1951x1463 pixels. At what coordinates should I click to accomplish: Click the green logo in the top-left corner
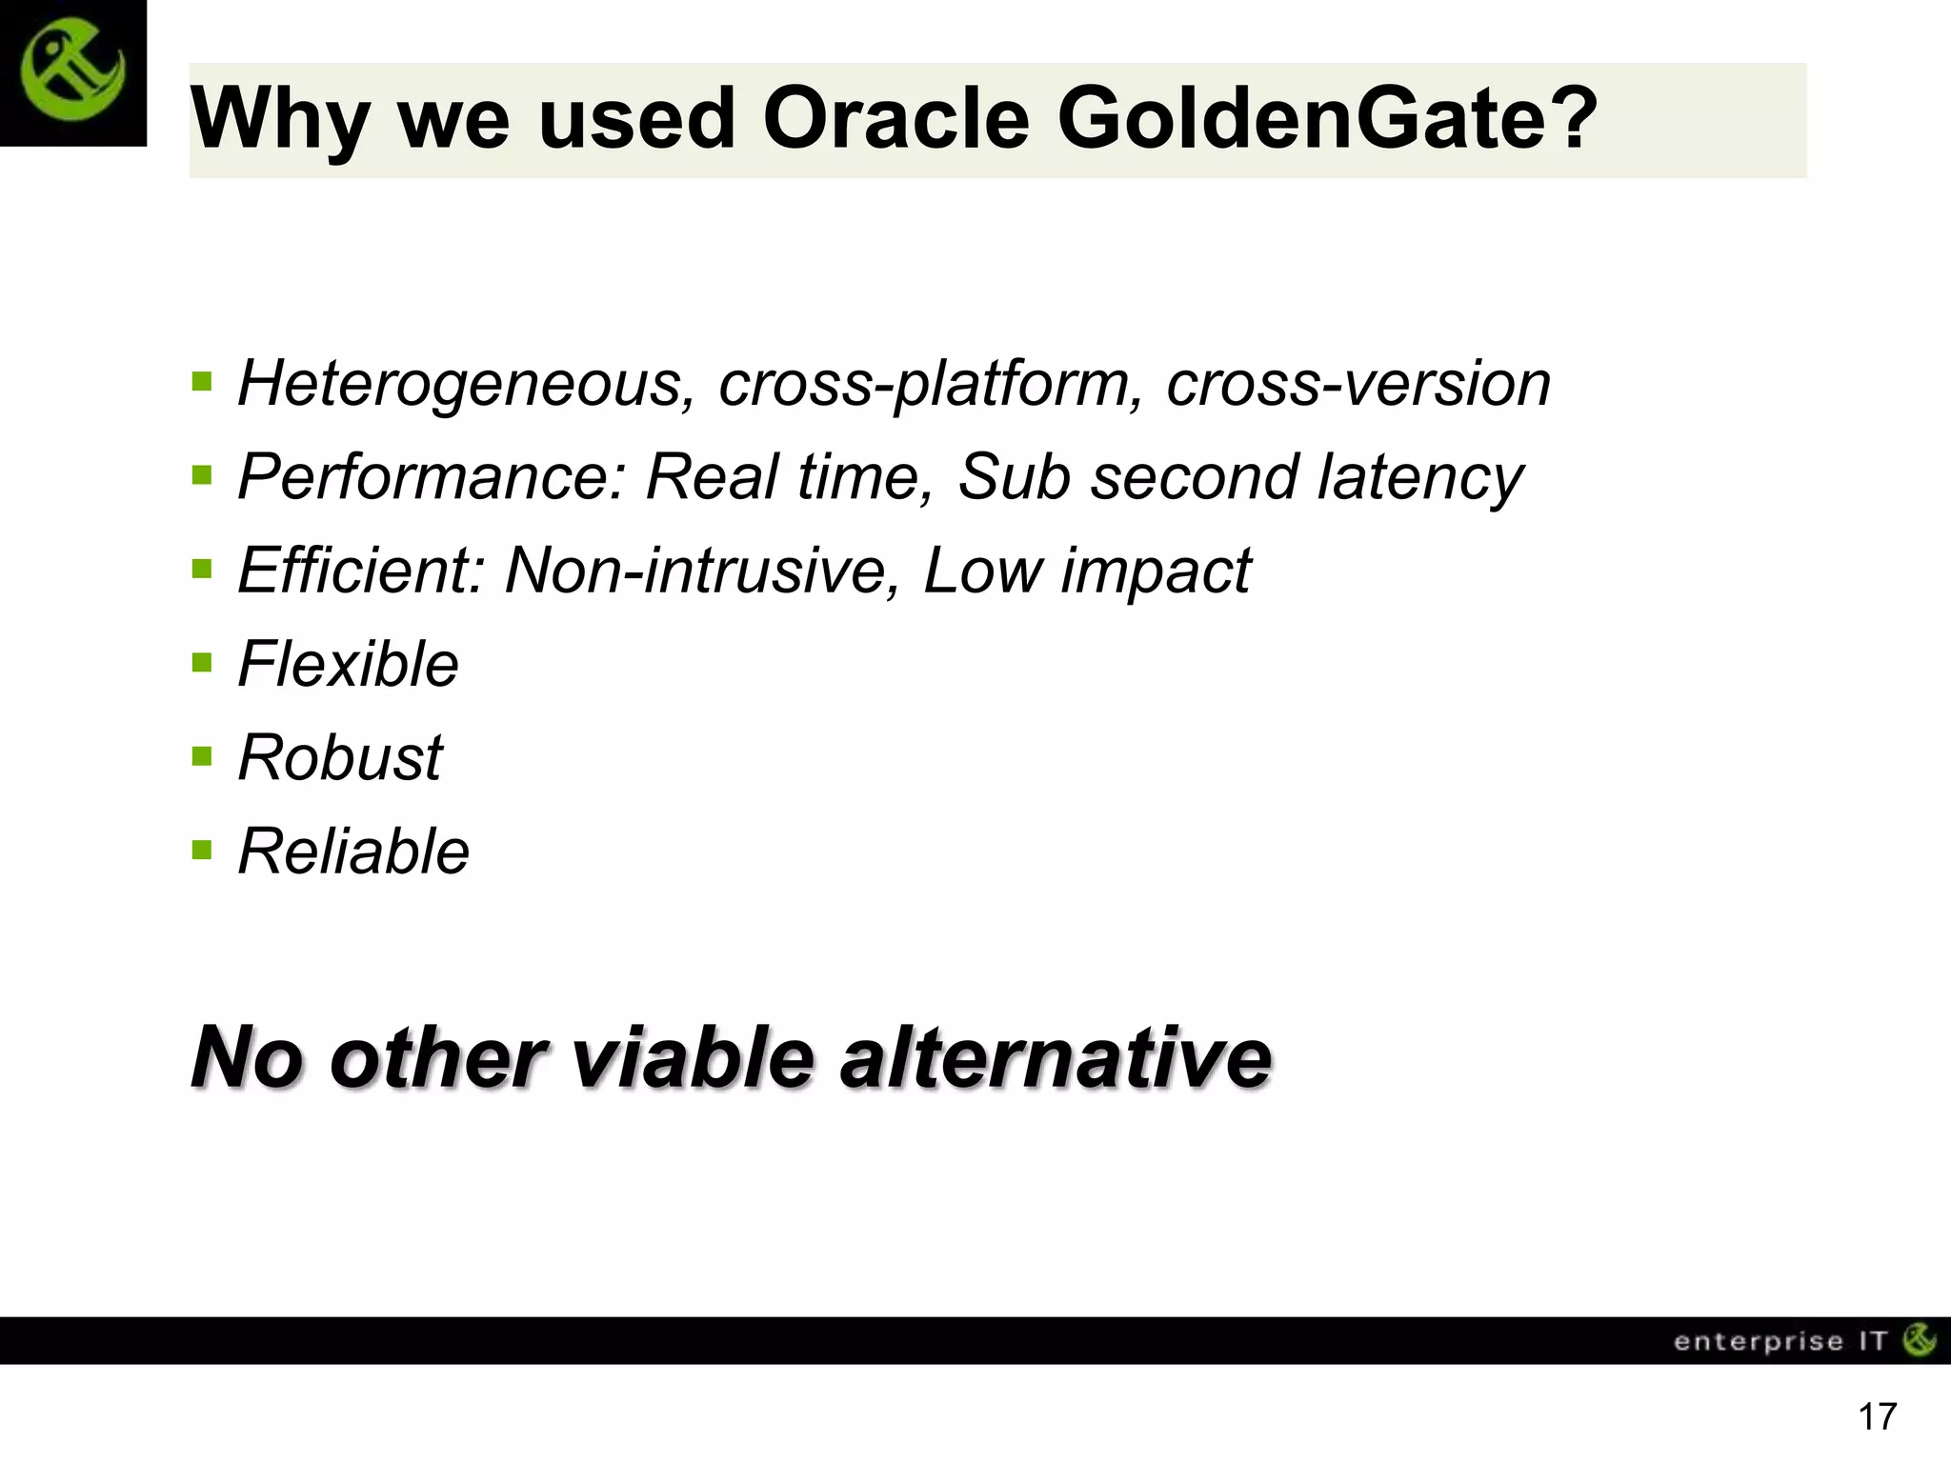pos(72,72)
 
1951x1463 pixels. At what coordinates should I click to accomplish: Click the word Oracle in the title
pos(895,119)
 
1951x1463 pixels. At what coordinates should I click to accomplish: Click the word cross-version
pos(1358,385)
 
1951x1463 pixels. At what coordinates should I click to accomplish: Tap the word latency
pos(1420,478)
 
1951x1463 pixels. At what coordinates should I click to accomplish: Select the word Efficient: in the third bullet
pos(362,571)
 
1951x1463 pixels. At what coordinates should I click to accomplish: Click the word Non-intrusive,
pos(702,571)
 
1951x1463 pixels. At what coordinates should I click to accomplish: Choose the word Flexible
pos(348,664)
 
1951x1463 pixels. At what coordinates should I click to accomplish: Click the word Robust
pos(340,758)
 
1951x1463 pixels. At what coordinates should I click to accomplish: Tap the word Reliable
pos(353,852)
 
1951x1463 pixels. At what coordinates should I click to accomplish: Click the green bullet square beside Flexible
pos(201,660)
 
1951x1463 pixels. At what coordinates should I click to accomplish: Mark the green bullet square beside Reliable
pos(201,848)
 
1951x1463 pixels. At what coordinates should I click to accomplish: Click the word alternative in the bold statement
pos(1056,1058)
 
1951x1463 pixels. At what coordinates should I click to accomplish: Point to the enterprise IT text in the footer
pos(1780,1341)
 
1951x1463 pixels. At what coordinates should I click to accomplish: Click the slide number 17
pos(1878,1417)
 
